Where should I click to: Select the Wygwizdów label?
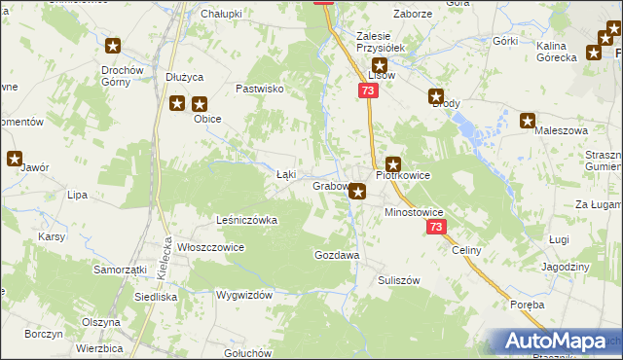pos(243,294)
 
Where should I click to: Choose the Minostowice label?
pos(414,211)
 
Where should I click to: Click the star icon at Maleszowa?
pos(528,122)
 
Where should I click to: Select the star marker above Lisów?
pos(380,66)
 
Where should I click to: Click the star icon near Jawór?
pos(16,159)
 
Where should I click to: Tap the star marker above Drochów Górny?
pos(113,46)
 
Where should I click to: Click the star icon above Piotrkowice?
pos(393,165)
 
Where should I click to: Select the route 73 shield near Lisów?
pos(367,90)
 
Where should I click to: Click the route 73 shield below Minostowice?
pos(435,227)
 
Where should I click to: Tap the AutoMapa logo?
pos(558,342)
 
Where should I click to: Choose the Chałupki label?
pos(220,15)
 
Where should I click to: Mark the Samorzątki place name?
pos(120,269)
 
